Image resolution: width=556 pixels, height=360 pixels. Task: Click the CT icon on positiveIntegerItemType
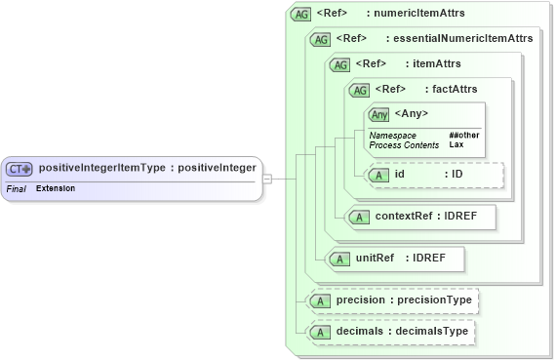pyautogui.click(x=20, y=169)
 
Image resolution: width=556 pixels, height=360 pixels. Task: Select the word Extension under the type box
pyautogui.click(x=56, y=187)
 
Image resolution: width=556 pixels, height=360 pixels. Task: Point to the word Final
pyautogui.click(x=16, y=187)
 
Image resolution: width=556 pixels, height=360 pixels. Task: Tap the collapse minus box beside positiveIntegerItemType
pyautogui.click(x=267, y=179)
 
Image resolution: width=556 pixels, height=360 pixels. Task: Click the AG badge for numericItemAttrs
pyautogui.click(x=301, y=15)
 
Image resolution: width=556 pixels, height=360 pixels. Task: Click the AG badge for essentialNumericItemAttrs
pyautogui.click(x=320, y=39)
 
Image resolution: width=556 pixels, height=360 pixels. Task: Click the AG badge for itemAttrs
pyautogui.click(x=340, y=64)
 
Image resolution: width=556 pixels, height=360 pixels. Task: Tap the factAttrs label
pyautogui.click(x=456, y=90)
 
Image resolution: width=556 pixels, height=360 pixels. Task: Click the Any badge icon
pyautogui.click(x=379, y=114)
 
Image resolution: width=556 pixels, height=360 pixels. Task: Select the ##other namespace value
pyautogui.click(x=463, y=135)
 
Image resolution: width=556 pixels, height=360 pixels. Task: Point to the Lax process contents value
pyautogui.click(x=456, y=144)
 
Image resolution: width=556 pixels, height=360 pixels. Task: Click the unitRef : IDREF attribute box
pyautogui.click(x=394, y=259)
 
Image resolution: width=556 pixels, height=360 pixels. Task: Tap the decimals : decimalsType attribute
pyautogui.click(x=390, y=333)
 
